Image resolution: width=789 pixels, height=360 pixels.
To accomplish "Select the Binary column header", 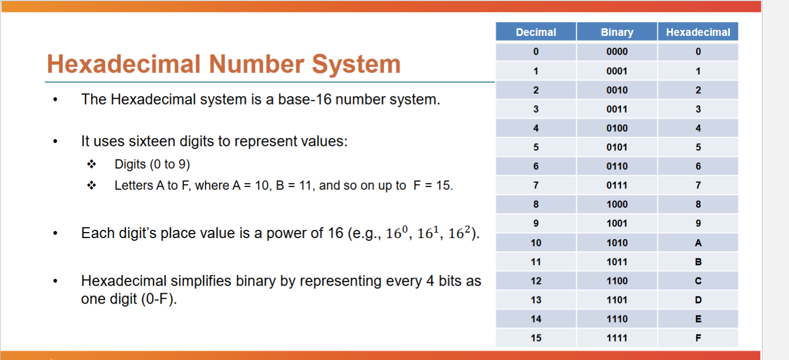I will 617,32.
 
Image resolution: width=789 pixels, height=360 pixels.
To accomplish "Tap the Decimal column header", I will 536,32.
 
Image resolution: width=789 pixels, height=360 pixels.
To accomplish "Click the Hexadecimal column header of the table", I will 698,32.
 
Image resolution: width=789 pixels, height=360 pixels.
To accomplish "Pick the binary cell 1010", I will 617,243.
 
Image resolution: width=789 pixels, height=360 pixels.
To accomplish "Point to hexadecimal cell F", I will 698,338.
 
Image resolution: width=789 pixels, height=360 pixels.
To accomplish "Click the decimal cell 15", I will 536,338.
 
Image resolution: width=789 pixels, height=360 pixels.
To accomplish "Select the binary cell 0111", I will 617,185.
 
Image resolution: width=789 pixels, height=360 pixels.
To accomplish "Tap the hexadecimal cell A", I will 698,243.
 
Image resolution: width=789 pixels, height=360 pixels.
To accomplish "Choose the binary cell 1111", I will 617,338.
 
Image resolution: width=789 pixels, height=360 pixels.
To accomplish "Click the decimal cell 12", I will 536,281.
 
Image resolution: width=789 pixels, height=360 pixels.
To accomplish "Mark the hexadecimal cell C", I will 698,281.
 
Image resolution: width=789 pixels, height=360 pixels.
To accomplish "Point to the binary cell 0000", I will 617,52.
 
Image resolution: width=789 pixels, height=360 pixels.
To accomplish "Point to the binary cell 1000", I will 617,204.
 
